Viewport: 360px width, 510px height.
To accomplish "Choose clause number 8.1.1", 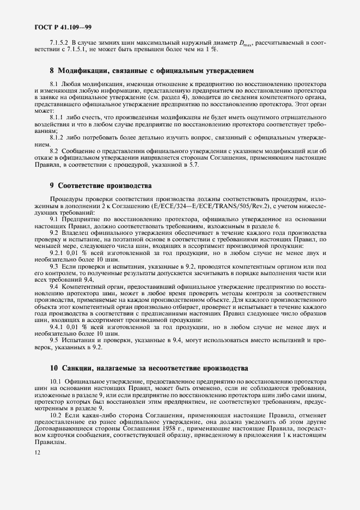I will click(56, 117).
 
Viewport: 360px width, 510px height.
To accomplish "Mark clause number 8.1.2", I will click(56, 138).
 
